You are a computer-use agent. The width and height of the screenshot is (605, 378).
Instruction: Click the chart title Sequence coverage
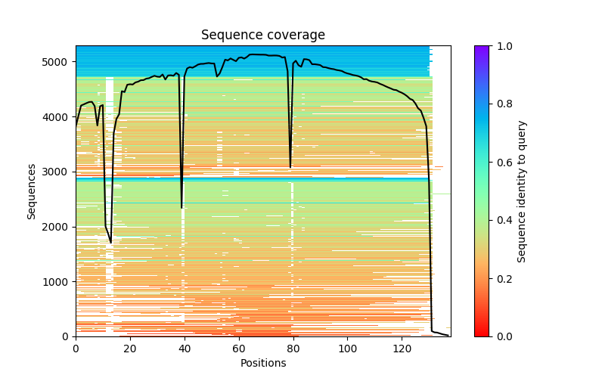point(263,36)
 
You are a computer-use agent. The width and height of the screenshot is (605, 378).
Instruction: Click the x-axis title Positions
point(263,363)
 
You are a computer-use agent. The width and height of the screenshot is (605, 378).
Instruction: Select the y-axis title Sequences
point(32,191)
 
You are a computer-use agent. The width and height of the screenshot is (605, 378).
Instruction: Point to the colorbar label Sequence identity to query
point(523,191)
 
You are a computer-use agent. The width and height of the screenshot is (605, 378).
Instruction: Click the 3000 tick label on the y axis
point(60,172)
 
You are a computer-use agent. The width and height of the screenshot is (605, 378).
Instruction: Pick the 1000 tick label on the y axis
point(60,282)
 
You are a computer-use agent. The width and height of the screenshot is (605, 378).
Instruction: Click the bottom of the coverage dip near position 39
point(181,208)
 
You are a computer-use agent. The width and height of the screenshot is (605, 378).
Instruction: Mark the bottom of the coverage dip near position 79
point(290,167)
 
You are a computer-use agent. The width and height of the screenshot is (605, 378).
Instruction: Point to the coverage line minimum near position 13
point(111,243)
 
